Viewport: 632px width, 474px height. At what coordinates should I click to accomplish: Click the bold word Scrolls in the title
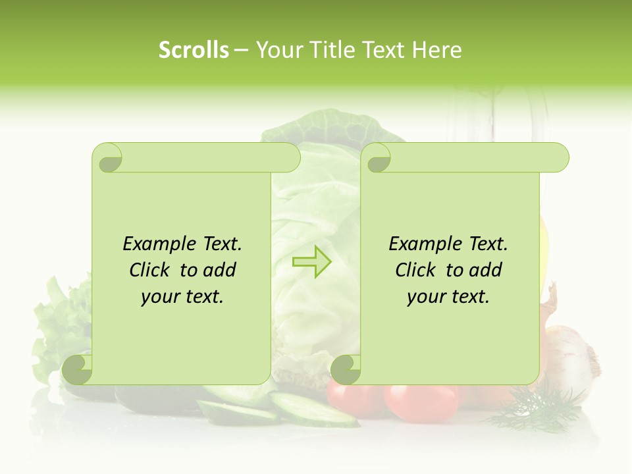tap(194, 50)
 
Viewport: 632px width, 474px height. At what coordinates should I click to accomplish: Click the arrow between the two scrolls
tap(311, 262)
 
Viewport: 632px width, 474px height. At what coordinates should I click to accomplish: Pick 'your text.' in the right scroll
tap(448, 296)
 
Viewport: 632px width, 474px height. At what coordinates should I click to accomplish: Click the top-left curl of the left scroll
tap(109, 159)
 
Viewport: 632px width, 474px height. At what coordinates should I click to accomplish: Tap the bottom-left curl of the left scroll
tap(78, 369)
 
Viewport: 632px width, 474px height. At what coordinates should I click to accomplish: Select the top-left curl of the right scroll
tap(377, 159)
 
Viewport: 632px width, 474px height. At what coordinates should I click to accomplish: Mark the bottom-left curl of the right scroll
tap(345, 369)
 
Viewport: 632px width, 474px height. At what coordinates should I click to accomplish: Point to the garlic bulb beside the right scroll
tap(571, 352)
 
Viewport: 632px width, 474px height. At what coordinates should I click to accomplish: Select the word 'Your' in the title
tap(276, 50)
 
